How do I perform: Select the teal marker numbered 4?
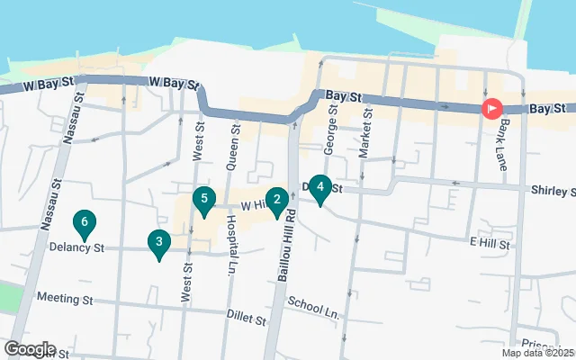(319, 187)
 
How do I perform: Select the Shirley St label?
(551, 192)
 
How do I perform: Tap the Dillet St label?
(247, 319)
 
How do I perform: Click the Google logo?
(30, 349)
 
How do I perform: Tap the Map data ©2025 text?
(536, 352)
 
